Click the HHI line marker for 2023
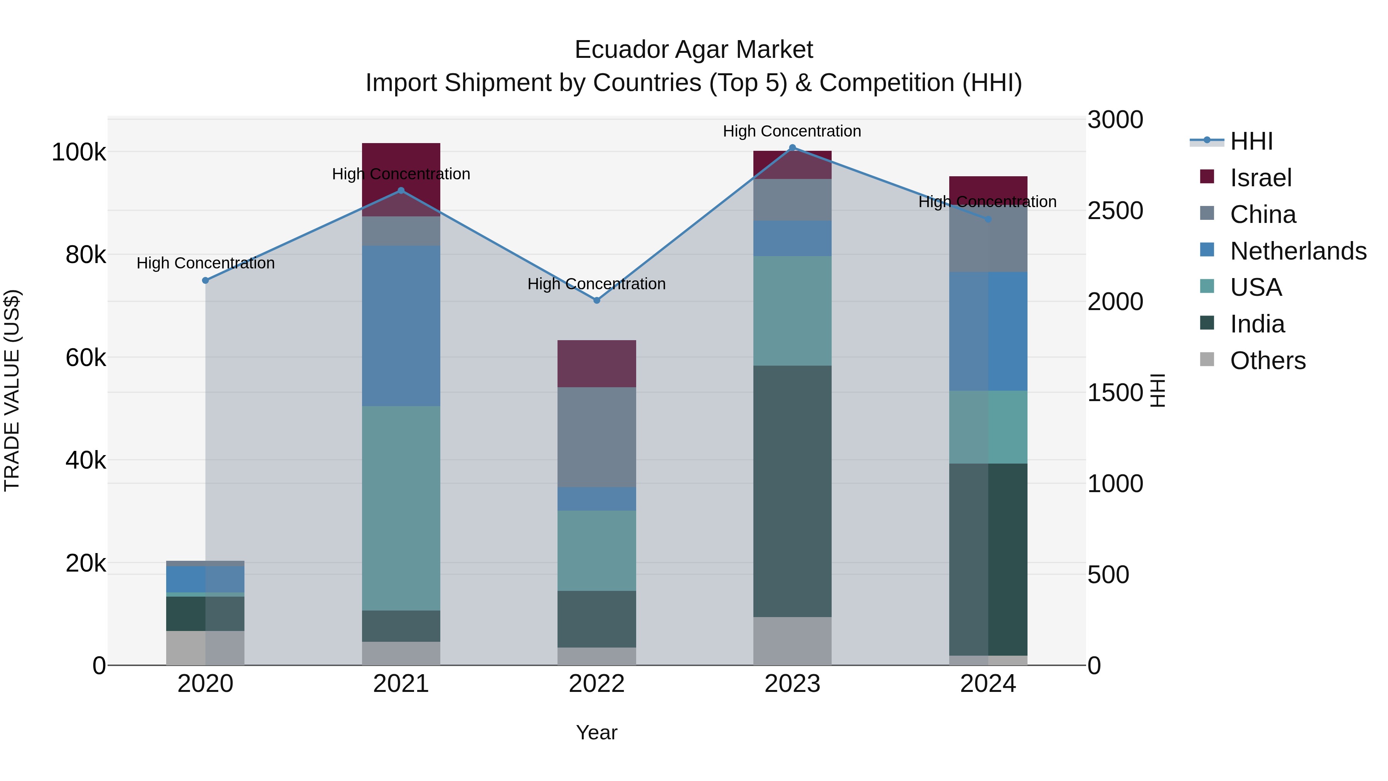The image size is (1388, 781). tap(792, 148)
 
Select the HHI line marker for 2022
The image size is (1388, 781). tap(596, 300)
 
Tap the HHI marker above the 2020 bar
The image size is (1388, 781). tap(205, 280)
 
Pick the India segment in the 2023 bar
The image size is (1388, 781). tap(792, 491)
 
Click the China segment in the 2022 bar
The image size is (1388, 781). tap(596, 437)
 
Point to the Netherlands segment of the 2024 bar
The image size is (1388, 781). tap(988, 331)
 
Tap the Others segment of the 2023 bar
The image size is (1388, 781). tap(792, 641)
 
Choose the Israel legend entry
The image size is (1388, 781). tap(1260, 178)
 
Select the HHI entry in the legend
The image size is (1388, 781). tap(1251, 141)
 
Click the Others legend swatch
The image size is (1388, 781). tap(1207, 359)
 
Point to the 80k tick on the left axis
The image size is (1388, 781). tap(85, 255)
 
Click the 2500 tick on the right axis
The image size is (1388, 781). tap(1115, 211)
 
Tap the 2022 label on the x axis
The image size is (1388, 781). tap(596, 684)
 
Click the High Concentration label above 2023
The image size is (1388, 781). tap(792, 131)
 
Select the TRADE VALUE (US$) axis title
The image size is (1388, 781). tap(12, 390)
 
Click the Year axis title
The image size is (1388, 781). tap(596, 732)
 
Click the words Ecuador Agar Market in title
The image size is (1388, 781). tap(694, 50)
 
